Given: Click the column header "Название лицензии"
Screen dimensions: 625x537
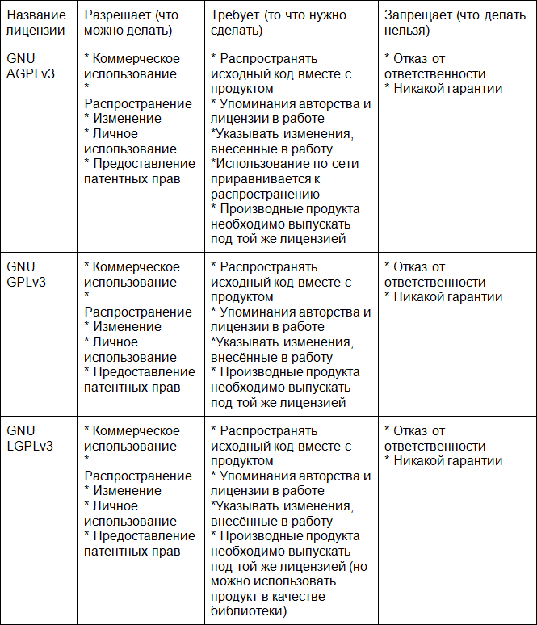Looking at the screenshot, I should [36, 23].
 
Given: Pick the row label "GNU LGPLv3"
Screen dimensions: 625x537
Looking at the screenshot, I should [29, 438].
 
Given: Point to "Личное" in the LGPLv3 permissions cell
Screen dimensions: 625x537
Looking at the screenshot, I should [115, 505].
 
